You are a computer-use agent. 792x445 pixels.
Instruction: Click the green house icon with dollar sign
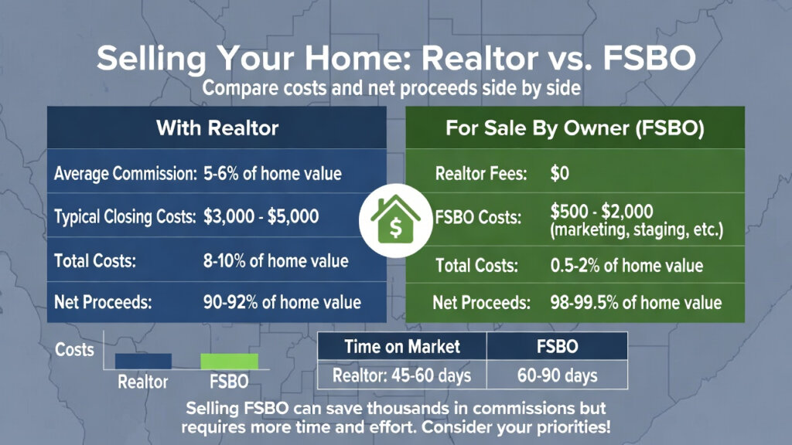395,219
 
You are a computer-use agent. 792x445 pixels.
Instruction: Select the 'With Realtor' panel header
217,127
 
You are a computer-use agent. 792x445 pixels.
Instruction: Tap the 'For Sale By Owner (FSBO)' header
575,128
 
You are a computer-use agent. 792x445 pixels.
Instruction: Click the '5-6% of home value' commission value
271,173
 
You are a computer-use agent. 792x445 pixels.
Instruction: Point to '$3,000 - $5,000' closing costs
261,217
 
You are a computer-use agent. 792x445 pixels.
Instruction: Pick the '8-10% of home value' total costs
277,260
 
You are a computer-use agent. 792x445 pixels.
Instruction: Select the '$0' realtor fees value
559,174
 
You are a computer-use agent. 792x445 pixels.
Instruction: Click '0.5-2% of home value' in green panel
626,266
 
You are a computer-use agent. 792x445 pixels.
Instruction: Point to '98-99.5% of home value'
635,302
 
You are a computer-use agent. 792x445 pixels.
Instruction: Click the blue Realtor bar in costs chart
143,361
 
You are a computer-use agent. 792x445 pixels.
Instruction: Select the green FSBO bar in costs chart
229,361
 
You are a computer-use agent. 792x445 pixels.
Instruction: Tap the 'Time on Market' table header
402,346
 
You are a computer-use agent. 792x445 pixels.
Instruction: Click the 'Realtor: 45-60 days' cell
402,376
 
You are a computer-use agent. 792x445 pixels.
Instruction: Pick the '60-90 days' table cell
556,376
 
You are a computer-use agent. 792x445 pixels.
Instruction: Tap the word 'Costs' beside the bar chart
74,349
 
